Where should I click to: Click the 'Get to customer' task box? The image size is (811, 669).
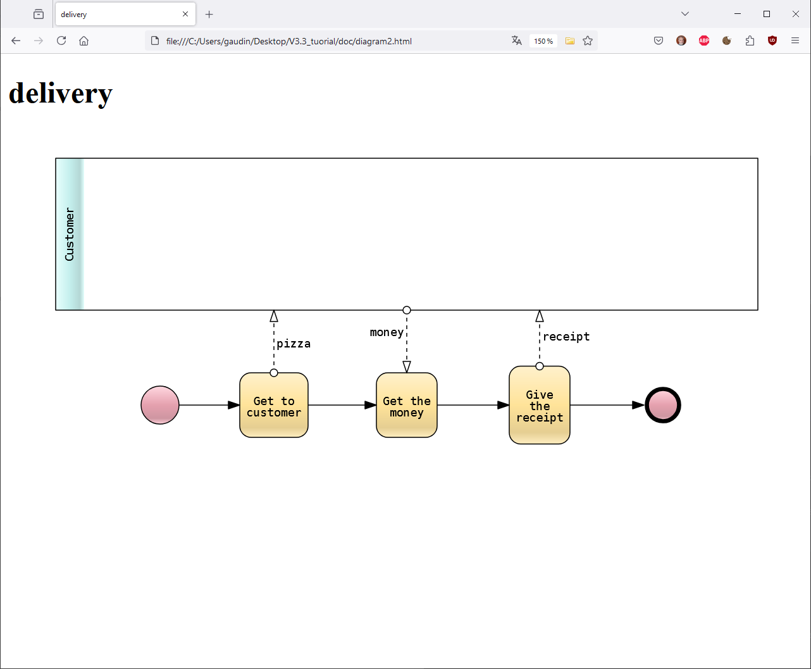pyautogui.click(x=274, y=405)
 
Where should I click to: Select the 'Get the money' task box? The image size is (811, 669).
pyautogui.click(x=407, y=405)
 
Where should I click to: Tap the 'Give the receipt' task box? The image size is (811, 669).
pyautogui.click(x=540, y=405)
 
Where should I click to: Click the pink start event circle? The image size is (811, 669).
pyautogui.click(x=160, y=405)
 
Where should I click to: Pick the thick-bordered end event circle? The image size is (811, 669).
pyautogui.click(x=663, y=405)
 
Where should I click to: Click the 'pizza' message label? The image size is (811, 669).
pyautogui.click(x=294, y=344)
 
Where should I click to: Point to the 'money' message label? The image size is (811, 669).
pyautogui.click(x=387, y=332)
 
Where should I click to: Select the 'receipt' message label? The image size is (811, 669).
pyautogui.click(x=566, y=337)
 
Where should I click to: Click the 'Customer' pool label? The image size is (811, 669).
pyautogui.click(x=70, y=234)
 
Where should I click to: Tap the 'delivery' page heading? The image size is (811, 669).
pyautogui.click(x=61, y=93)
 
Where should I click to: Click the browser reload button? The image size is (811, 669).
pyautogui.click(x=61, y=41)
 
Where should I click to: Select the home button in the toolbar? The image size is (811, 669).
pyautogui.click(x=84, y=41)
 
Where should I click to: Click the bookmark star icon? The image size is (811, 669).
pyautogui.click(x=588, y=41)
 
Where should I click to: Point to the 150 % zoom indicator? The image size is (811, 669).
pyautogui.click(x=543, y=41)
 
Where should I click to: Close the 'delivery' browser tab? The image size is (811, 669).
pyautogui.click(x=185, y=14)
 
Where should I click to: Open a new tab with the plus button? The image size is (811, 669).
pyautogui.click(x=209, y=14)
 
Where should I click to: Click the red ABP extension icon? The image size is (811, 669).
pyautogui.click(x=704, y=41)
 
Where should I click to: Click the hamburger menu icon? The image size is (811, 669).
pyautogui.click(x=795, y=41)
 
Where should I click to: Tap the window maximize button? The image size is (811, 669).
pyautogui.click(x=767, y=14)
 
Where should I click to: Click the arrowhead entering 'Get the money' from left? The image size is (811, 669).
pyautogui.click(x=371, y=405)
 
